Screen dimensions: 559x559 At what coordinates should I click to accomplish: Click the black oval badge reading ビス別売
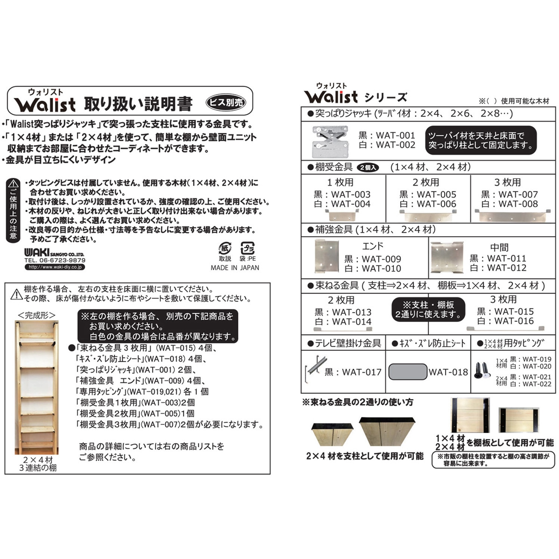pos(226,102)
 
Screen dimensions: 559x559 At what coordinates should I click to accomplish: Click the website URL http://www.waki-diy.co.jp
pos(55,267)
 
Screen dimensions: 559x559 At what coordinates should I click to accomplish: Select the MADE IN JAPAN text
pos(235,268)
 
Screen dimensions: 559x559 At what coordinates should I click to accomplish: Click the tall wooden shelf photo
pos(37,387)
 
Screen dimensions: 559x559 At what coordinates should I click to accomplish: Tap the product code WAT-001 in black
pos(395,135)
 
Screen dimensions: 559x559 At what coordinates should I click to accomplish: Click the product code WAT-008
pos(518,204)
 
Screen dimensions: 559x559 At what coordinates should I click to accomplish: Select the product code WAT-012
pos(506,268)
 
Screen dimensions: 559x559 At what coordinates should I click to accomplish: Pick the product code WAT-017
pos(361,372)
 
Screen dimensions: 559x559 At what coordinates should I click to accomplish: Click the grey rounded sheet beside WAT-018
pos(407,372)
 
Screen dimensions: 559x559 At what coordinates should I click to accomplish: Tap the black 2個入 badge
pos(368,168)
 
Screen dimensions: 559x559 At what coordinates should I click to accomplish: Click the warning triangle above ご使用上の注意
pos(13,184)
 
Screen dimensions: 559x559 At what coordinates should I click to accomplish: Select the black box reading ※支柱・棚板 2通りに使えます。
pos(428,310)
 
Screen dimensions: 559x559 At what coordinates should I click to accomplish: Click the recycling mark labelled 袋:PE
pos(247,248)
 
